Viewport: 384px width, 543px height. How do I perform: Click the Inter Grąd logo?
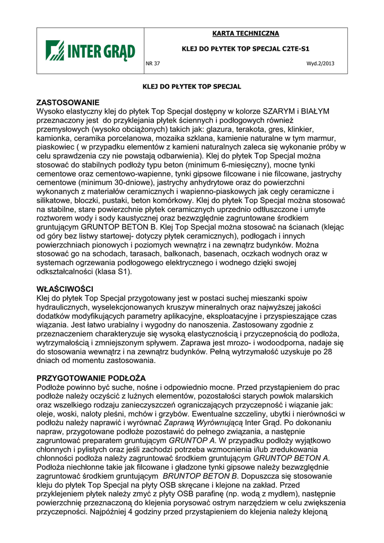click(90, 51)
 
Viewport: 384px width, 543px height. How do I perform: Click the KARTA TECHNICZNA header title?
click(246, 33)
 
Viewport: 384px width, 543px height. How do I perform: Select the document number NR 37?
click(153, 64)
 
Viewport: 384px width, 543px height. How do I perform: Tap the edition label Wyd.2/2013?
click(320, 64)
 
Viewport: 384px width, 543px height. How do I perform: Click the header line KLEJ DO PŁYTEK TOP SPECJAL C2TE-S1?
click(246, 49)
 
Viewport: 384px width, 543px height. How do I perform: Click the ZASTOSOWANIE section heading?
click(68, 102)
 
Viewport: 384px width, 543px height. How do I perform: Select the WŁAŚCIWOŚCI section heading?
click(65, 289)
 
